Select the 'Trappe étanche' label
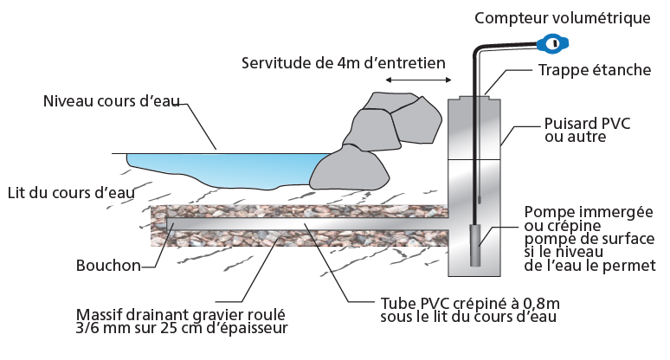pos(594,69)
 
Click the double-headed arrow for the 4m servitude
pos(418,80)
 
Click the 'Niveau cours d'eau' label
pos(111,101)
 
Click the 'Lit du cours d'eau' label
pos(70,192)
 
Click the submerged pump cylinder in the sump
pos(475,245)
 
